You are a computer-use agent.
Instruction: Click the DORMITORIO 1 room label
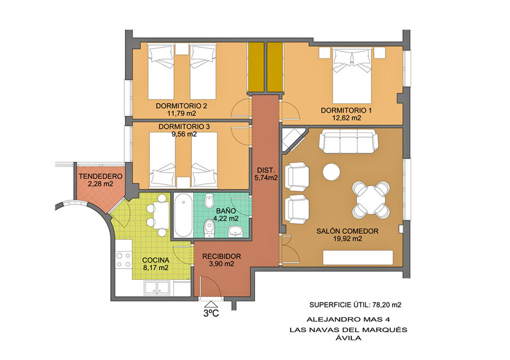coord(346,110)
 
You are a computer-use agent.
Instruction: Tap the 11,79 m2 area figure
coord(182,113)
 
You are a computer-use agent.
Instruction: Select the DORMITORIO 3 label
coord(184,127)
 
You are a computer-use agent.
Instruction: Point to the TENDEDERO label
coord(101,176)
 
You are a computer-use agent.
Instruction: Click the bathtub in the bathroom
coord(183,215)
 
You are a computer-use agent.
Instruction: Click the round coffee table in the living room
coord(331,171)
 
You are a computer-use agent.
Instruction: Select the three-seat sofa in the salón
coord(348,141)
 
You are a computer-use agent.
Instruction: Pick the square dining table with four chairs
coord(370,199)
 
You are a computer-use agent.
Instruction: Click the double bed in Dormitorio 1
coord(352,75)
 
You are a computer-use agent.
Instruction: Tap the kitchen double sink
coord(157,288)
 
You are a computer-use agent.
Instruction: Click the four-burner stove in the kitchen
coord(123,260)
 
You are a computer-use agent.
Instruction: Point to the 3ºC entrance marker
coord(211,310)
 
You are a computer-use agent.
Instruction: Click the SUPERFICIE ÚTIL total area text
coord(355,305)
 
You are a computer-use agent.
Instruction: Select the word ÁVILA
coord(348,338)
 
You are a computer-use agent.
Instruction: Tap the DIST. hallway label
coord(266,170)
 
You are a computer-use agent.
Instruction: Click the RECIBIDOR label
coord(221,256)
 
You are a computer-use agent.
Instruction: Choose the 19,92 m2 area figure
coord(347,239)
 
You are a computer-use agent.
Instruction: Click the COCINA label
coord(156,260)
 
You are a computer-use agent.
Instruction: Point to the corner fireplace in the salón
coord(292,139)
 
